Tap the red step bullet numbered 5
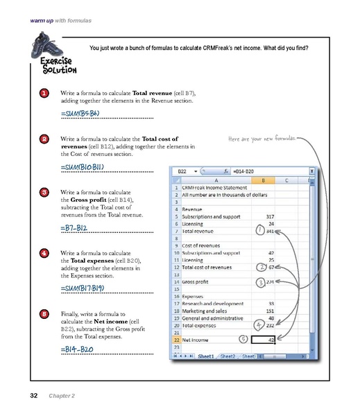[x=44, y=314]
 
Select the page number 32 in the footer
[x=33, y=396]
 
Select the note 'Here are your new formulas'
[x=261, y=139]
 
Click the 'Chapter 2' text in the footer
[x=62, y=396]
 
